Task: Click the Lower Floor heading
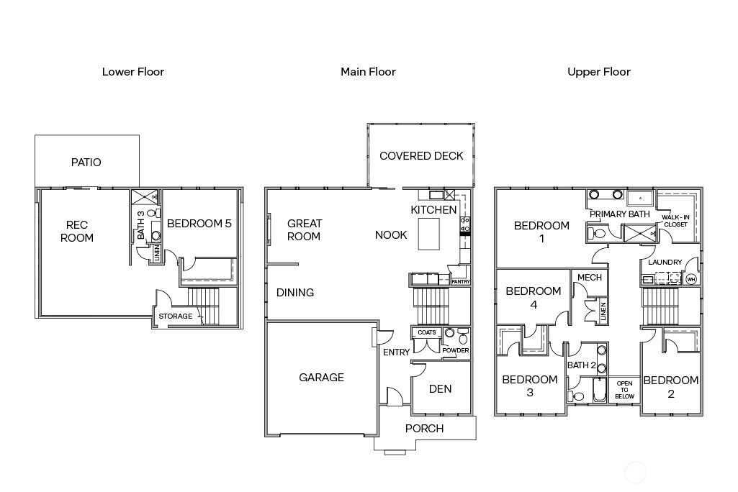click(133, 72)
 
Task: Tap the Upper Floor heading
click(599, 72)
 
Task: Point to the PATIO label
click(86, 163)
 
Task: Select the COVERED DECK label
click(421, 155)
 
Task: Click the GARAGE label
click(321, 377)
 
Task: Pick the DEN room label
click(440, 389)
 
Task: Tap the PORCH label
click(425, 429)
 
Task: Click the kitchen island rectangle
click(429, 234)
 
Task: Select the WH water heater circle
click(691, 279)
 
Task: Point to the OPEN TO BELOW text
click(624, 390)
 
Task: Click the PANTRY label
click(461, 282)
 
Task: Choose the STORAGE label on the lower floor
click(176, 316)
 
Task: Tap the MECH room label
click(590, 278)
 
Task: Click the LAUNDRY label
click(665, 262)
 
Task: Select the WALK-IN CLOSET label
click(675, 221)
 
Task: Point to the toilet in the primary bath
click(596, 233)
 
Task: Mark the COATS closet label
click(427, 332)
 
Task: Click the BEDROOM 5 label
click(199, 224)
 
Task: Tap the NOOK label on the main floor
click(391, 235)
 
